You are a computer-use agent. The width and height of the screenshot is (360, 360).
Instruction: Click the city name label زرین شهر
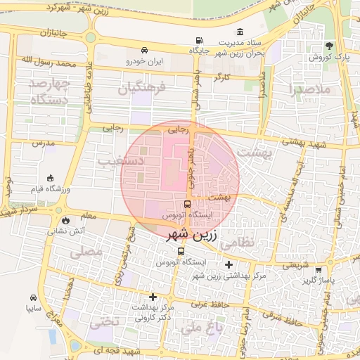click(x=193, y=235)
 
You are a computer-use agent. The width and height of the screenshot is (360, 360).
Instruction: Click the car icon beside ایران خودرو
click(x=144, y=51)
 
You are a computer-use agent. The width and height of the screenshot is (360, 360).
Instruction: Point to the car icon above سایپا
click(x=33, y=297)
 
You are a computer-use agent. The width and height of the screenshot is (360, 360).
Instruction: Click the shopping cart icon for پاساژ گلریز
click(x=319, y=269)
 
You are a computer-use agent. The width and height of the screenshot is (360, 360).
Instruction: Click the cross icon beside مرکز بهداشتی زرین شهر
click(x=229, y=265)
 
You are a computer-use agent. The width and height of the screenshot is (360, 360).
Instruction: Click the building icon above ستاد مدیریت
click(x=240, y=32)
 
